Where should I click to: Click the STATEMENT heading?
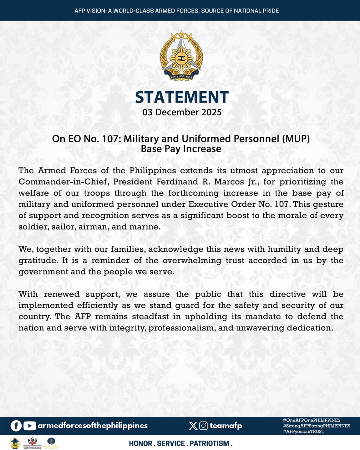point(182,97)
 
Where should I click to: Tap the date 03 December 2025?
point(182,112)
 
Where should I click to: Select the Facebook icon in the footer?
point(16,426)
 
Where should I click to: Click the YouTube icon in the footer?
point(30,426)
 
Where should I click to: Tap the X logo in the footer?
point(193,426)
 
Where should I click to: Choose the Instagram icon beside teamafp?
point(203,426)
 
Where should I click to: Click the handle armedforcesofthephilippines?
point(93,426)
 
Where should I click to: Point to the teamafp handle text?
point(226,426)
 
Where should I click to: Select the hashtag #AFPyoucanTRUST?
point(303,432)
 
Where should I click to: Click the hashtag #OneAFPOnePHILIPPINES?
point(311,420)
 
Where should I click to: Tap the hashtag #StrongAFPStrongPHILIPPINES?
point(316,426)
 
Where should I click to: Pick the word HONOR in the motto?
point(140,443)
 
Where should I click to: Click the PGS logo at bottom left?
point(33,443)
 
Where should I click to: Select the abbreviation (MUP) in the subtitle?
point(296,139)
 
